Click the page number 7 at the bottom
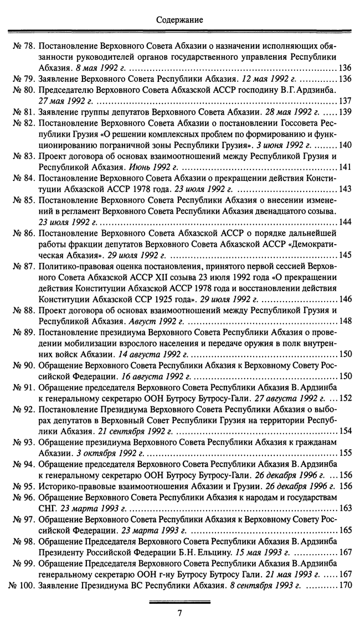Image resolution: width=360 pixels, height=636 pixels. click(179, 612)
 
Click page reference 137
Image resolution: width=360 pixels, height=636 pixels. click(345, 101)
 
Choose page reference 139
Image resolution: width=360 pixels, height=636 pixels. click(345, 112)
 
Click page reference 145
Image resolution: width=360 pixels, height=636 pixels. click(345, 257)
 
